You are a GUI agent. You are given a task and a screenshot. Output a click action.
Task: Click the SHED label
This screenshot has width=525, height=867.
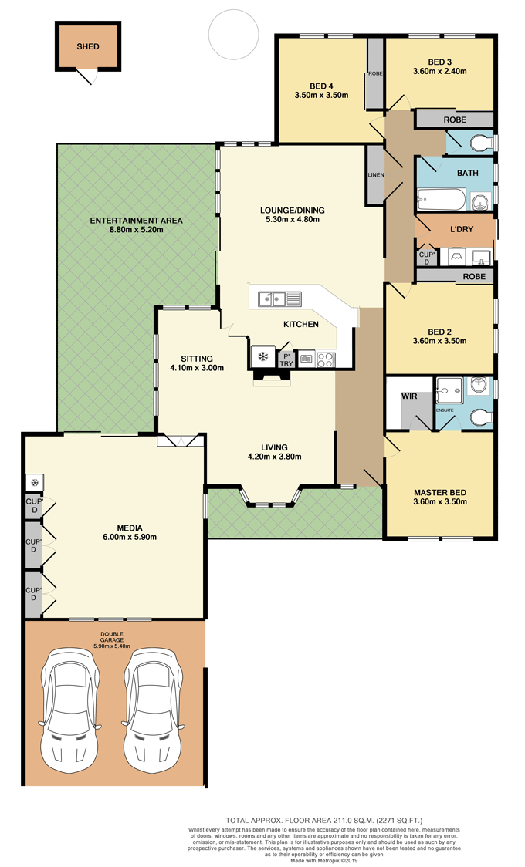click(88, 46)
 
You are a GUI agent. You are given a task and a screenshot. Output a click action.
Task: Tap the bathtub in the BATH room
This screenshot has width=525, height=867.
click(441, 200)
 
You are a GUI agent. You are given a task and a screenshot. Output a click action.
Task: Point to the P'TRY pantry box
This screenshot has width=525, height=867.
click(286, 359)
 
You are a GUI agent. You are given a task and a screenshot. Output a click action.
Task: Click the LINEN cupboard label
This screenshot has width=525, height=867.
click(376, 175)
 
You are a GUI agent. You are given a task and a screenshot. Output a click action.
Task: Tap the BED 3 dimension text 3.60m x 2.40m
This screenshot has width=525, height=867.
click(440, 71)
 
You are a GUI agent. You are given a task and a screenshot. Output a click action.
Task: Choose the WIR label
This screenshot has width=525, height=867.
click(409, 396)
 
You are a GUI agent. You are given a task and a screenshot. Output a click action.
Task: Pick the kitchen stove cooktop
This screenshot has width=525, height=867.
click(326, 360)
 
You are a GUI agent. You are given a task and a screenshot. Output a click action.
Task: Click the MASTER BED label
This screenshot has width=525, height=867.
click(440, 492)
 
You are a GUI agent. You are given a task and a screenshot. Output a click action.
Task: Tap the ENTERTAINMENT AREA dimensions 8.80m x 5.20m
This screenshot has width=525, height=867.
click(136, 229)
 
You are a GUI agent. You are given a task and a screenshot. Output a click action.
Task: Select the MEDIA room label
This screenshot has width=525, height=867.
click(130, 528)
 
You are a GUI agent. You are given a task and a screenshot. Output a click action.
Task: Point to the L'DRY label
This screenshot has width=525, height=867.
click(462, 228)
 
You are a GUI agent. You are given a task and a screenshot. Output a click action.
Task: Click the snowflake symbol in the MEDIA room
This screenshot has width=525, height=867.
click(34, 483)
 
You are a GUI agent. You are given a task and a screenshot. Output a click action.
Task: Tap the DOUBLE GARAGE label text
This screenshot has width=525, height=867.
click(112, 637)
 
